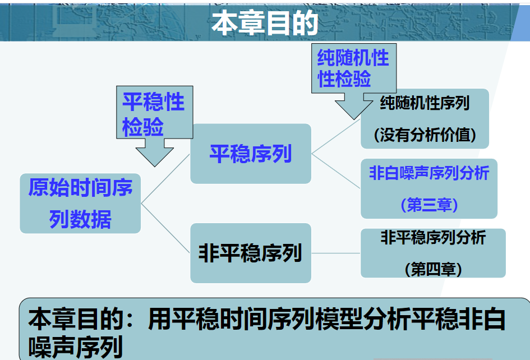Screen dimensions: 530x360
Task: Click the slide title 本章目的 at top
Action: (x=265, y=24)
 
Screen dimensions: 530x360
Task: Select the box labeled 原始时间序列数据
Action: (x=80, y=203)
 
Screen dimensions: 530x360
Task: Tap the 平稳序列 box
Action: (x=250, y=153)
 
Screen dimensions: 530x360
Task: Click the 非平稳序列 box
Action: (x=250, y=253)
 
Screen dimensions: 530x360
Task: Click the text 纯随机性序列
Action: (x=425, y=103)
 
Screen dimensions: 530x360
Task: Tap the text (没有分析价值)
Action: (x=425, y=135)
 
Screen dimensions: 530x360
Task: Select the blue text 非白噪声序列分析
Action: (x=428, y=173)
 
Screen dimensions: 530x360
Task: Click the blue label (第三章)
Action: (x=429, y=205)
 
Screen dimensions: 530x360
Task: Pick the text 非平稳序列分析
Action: (x=433, y=238)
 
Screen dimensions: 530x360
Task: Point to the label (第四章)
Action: (x=433, y=270)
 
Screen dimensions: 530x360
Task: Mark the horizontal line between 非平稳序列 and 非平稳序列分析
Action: (x=335, y=253)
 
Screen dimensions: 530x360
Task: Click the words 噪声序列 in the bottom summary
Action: (x=76, y=347)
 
